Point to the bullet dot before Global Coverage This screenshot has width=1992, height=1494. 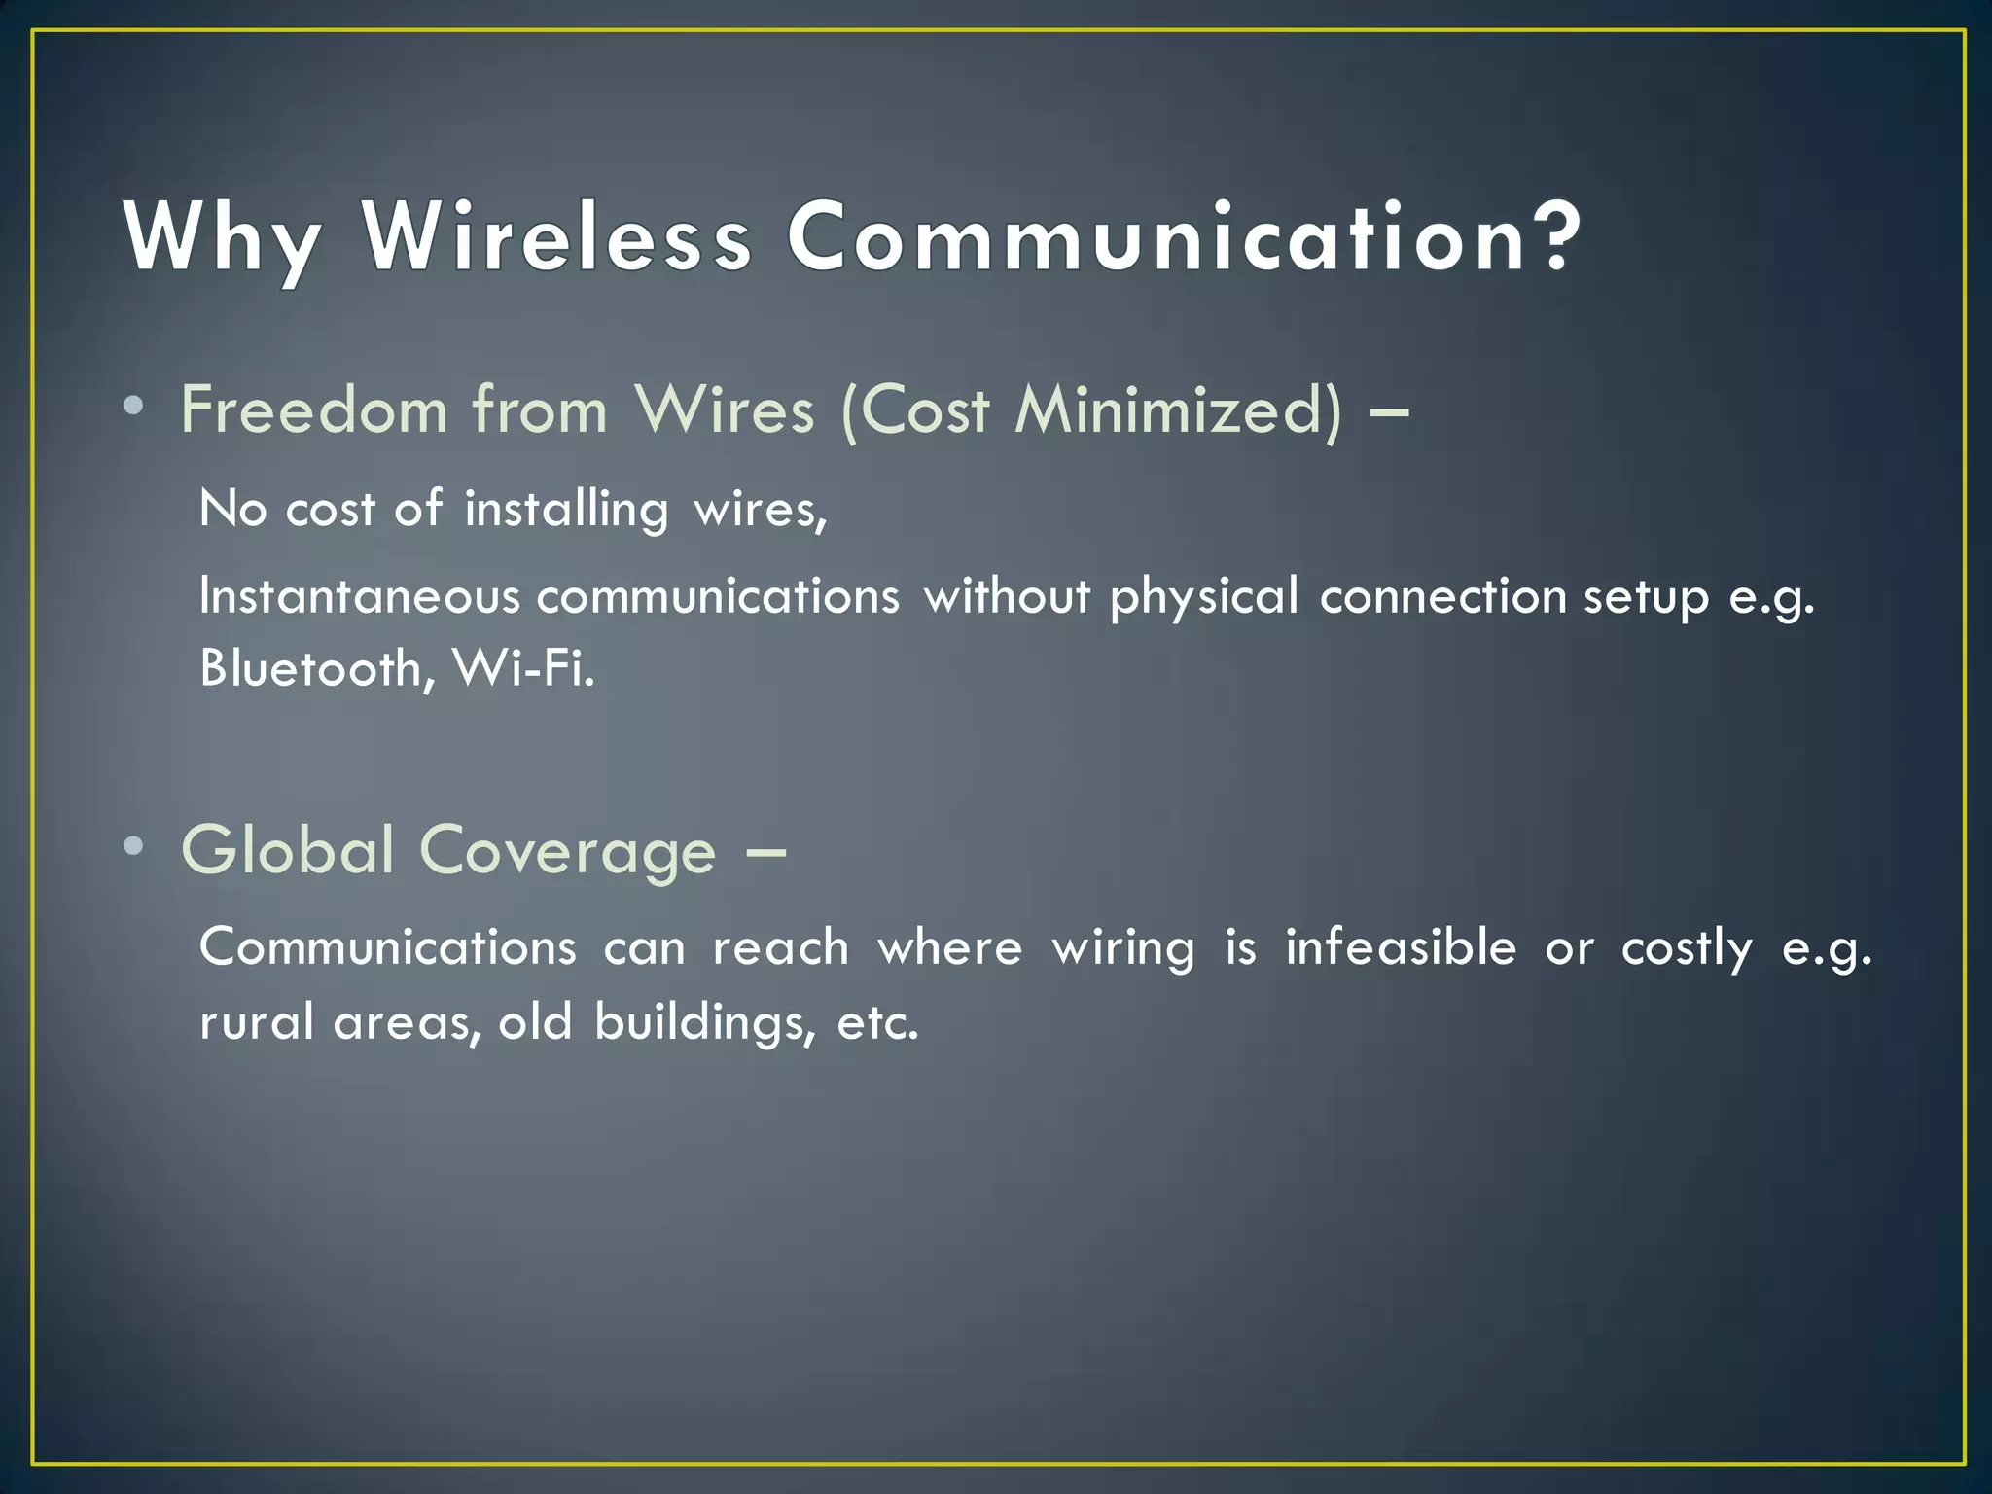(x=134, y=845)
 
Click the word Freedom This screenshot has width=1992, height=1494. (x=313, y=409)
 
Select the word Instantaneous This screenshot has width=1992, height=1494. (x=360, y=596)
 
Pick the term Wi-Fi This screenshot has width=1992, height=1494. (x=523, y=668)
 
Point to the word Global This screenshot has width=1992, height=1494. (x=288, y=850)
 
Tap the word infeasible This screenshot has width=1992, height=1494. (x=1401, y=947)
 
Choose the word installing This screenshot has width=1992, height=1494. (x=567, y=510)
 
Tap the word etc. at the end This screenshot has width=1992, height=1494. (x=877, y=1022)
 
